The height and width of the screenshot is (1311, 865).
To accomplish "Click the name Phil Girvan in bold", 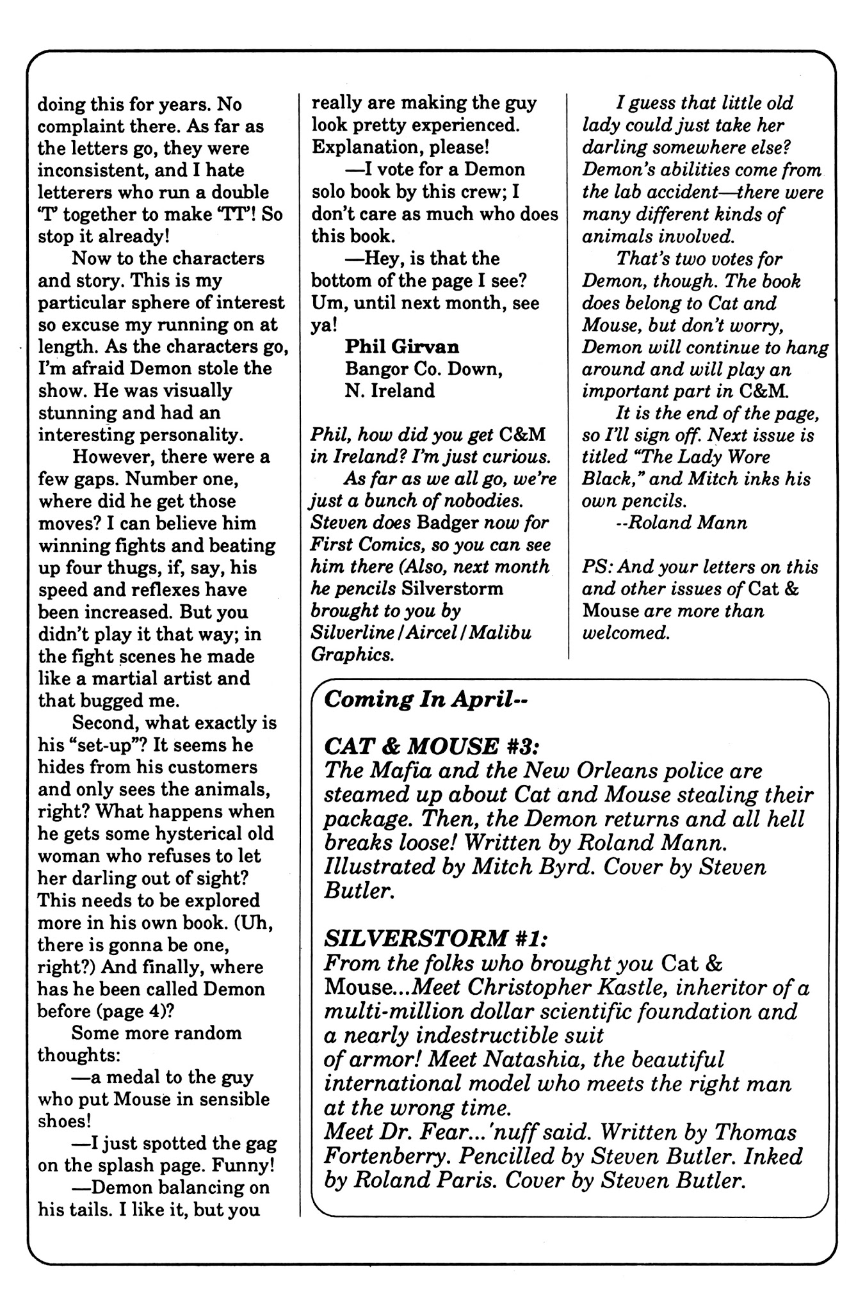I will (401, 346).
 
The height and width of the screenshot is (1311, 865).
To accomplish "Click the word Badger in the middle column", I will (448, 522).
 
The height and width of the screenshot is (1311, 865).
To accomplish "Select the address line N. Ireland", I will (389, 390).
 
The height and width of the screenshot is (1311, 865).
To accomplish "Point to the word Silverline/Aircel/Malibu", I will (421, 633).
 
